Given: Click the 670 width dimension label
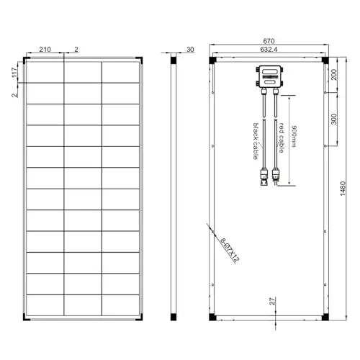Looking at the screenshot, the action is (x=269, y=41).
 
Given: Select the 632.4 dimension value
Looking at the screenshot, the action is (x=269, y=50).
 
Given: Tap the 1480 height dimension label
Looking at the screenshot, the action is (x=343, y=189).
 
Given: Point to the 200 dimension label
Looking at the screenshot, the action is (x=334, y=74).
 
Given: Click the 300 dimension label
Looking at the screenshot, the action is (x=334, y=120).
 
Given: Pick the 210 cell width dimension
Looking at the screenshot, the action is (x=45, y=50).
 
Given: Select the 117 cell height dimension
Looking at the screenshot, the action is (x=14, y=73).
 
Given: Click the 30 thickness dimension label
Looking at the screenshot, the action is (x=190, y=50).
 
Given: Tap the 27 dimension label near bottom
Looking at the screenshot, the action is (x=272, y=302).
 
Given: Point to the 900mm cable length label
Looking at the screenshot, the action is (x=294, y=136).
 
